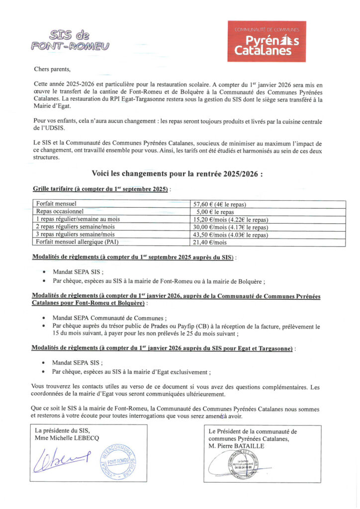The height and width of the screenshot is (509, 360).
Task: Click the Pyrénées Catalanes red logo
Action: click(x=267, y=41)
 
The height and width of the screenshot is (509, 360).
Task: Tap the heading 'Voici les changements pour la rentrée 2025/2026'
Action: click(x=177, y=174)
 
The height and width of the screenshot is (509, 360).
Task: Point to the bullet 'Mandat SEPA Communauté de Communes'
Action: click(x=109, y=319)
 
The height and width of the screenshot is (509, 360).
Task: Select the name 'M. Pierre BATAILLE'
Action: click(x=237, y=446)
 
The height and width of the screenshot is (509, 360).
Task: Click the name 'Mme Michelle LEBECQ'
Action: click(x=67, y=438)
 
